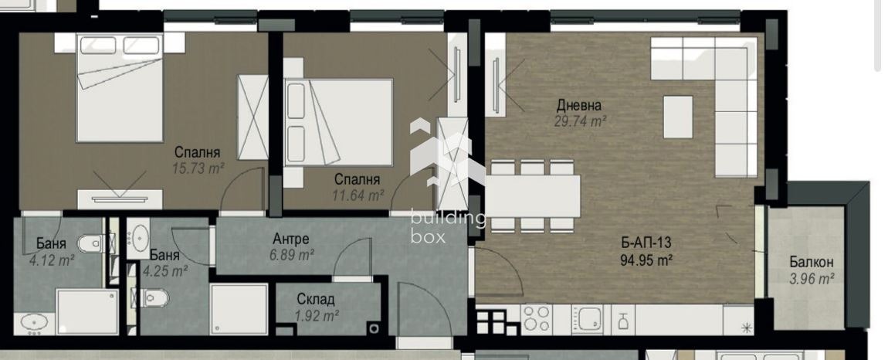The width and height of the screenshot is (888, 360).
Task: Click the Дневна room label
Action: [x=579, y=105]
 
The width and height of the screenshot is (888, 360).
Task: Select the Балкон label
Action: [x=811, y=263]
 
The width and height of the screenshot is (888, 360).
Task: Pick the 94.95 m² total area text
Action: [x=646, y=260]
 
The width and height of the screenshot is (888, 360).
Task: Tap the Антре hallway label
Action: [x=291, y=239]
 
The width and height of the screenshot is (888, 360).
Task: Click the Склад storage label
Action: [x=316, y=300]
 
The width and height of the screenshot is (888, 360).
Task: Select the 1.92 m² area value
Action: [x=316, y=314]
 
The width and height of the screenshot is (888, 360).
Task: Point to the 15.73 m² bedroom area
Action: [x=198, y=168]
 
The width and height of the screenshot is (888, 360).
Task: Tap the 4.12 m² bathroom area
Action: [x=51, y=260]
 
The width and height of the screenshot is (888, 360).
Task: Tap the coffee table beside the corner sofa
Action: [x=678, y=116]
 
